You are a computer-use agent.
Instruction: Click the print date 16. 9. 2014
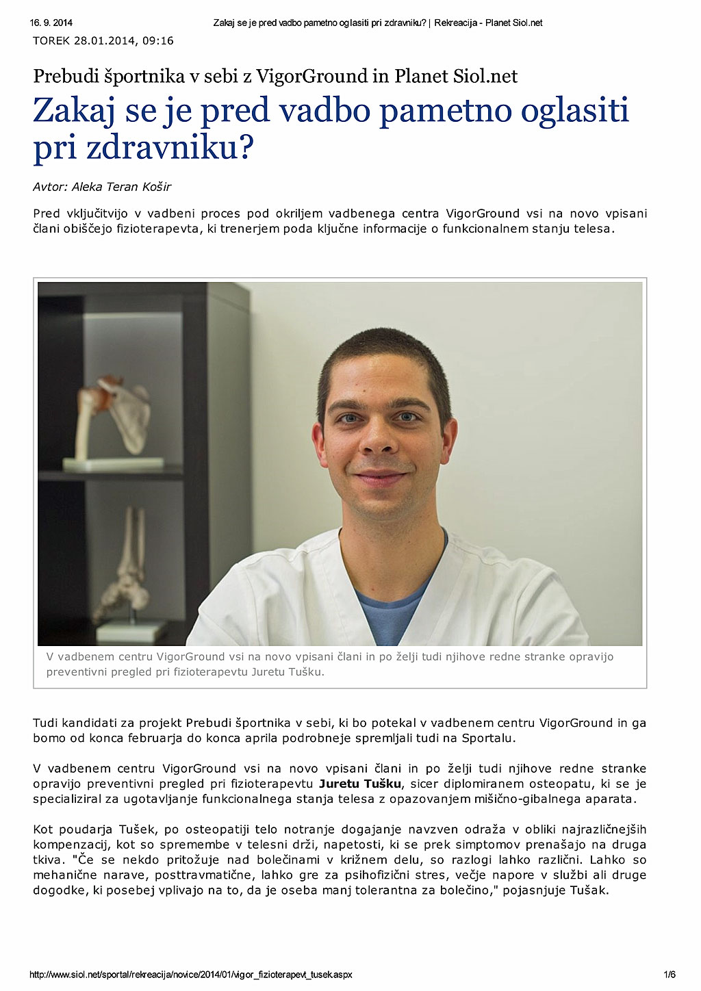[x=46, y=23]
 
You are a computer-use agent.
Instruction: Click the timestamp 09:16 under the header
[x=159, y=41]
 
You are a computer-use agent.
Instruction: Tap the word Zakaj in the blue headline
[x=73, y=112]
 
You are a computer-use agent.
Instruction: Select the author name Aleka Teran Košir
[x=121, y=187]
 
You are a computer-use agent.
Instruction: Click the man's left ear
[x=451, y=438]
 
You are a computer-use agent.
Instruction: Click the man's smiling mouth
[x=381, y=477]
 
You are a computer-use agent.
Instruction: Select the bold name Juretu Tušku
[x=361, y=784]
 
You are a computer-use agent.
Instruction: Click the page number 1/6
[x=670, y=975]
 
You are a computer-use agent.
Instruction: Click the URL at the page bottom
[x=191, y=975]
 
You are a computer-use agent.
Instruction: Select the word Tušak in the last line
[x=589, y=890]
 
